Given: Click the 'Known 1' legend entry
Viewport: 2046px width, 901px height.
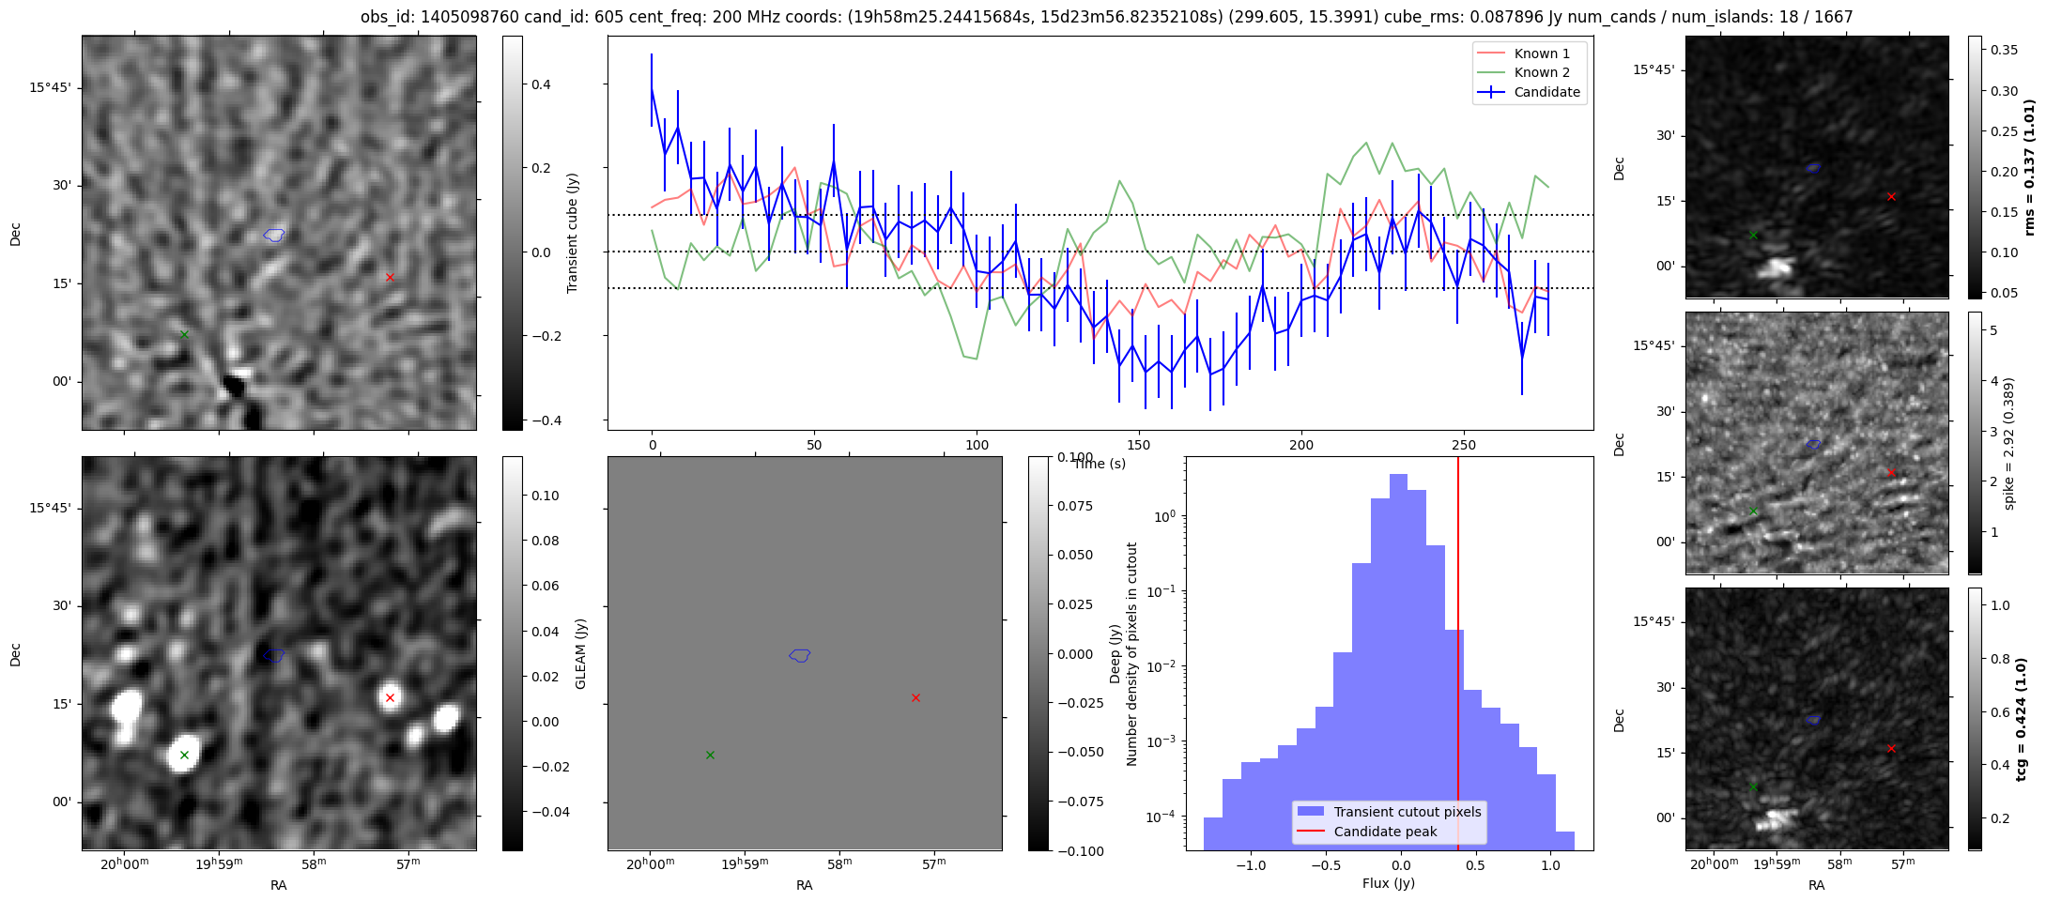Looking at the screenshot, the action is (x=1529, y=53).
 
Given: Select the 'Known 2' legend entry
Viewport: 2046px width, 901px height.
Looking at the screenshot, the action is (x=1529, y=72).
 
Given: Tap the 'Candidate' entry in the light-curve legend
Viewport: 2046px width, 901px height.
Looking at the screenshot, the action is (x=1529, y=92).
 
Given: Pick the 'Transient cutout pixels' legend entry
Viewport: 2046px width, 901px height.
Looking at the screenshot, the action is (x=1389, y=812).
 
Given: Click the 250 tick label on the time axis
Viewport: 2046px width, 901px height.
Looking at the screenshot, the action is (x=1464, y=445).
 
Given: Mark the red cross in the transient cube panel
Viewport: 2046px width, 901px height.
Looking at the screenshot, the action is (x=390, y=277).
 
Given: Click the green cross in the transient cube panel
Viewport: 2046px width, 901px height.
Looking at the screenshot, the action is (x=184, y=334).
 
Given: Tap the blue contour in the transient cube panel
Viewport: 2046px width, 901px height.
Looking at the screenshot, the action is (x=274, y=235).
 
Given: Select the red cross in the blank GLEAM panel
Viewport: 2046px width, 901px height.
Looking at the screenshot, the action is (x=915, y=697).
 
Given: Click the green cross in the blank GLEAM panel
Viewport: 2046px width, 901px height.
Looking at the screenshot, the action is (x=710, y=755).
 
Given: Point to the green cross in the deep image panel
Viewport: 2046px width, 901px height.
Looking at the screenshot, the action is (x=184, y=755).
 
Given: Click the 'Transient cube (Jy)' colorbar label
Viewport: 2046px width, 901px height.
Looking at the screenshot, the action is (x=573, y=233).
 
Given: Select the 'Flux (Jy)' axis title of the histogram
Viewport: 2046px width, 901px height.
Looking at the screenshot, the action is (x=1389, y=883).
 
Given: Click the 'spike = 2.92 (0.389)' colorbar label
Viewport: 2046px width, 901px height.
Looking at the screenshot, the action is (x=2009, y=443).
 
